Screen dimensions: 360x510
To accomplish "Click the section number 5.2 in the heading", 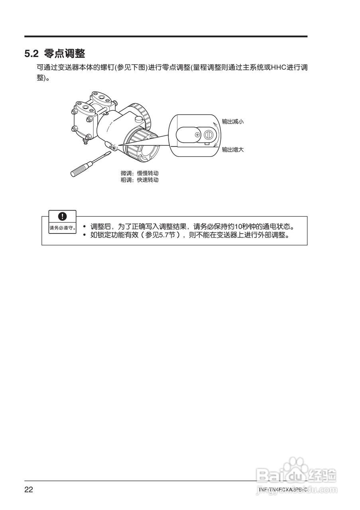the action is coord(31,53).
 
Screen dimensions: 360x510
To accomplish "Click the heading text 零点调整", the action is coord(65,53).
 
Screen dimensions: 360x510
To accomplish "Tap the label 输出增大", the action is coord(232,150).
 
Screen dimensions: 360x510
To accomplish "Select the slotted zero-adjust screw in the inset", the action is coord(207,136).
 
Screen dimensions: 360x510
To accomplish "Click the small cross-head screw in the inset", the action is coord(197,135).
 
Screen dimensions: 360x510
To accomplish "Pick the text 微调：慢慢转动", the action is coord(137,173).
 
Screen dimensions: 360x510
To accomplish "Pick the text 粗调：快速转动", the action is coord(137,180).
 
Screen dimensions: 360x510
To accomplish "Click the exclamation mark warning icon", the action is coord(62,216).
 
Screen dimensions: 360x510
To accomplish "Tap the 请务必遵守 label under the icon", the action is coord(62,228).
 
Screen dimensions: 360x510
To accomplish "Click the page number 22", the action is coord(29,490).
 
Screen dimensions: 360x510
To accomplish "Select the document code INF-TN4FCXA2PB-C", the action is coord(283,490).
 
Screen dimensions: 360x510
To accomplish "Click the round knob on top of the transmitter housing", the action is coord(138,119).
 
